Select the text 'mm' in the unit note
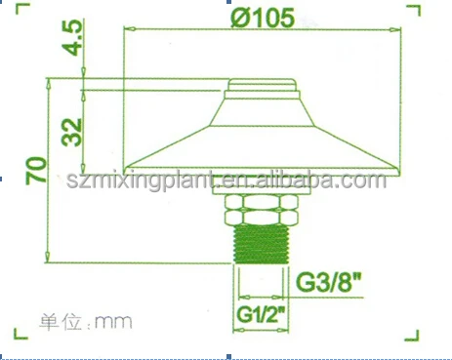(x=114, y=320)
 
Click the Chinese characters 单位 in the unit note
(x=59, y=320)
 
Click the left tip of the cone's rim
(x=124, y=167)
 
